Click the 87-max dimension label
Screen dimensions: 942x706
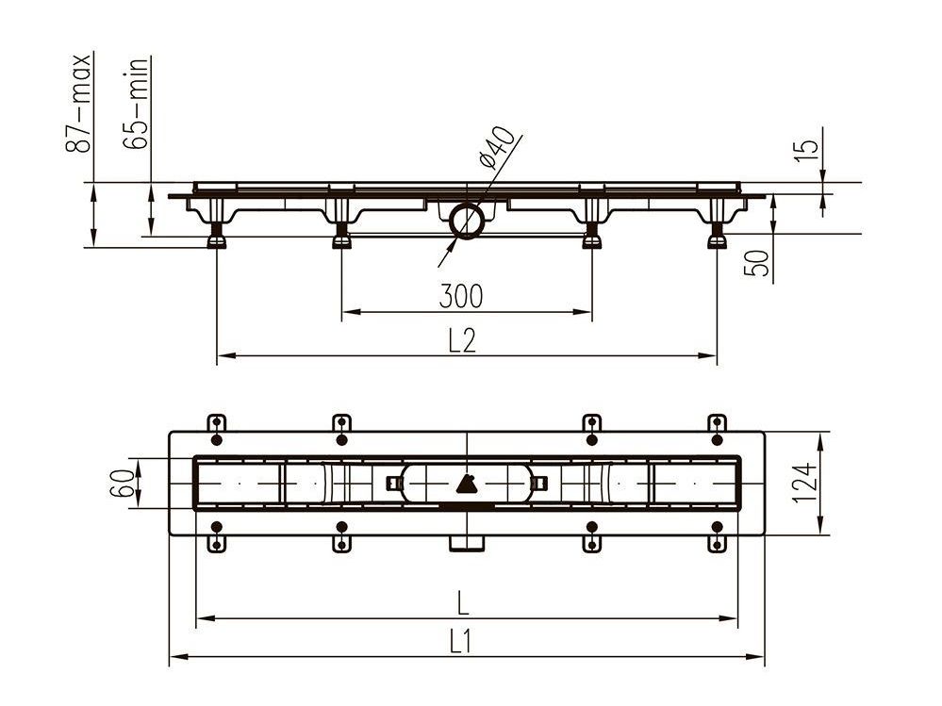tap(78, 103)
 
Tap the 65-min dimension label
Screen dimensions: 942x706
tap(135, 103)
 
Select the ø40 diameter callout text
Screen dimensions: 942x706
tap(496, 147)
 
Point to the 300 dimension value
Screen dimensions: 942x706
tap(461, 296)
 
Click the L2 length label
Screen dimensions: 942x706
tap(462, 340)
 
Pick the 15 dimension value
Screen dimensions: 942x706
tap(806, 149)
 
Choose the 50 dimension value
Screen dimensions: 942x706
tap(757, 262)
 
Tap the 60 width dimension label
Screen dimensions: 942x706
tap(123, 484)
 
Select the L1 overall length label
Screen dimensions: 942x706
tap(460, 642)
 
